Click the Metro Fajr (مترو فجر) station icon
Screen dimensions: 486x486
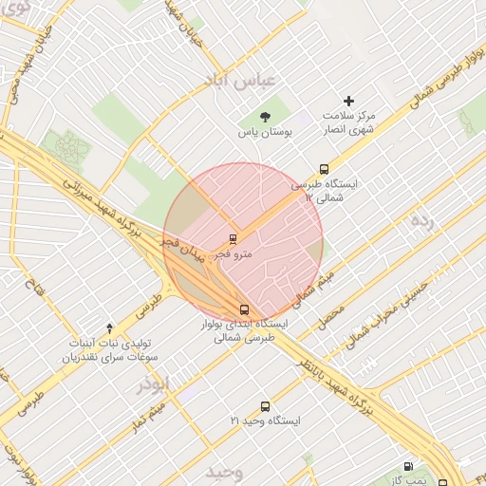coord(233,238)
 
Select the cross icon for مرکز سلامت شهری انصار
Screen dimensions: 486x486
coord(348,101)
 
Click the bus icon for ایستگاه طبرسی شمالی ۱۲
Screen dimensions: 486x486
coord(325,169)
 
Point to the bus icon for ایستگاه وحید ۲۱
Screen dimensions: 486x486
coord(265,405)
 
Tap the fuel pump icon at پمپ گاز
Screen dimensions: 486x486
coord(408,466)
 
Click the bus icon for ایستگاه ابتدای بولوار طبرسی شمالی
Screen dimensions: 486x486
coord(245,309)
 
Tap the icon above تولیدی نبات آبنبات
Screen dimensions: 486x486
coord(108,327)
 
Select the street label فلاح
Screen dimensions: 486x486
coord(35,284)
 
